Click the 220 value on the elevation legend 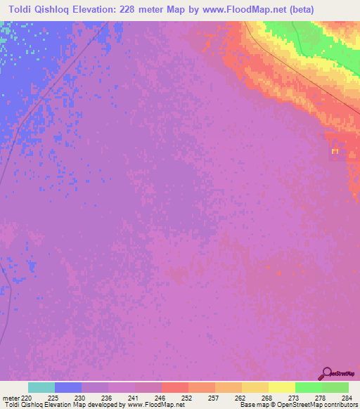tap(27, 397)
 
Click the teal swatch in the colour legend tap(41, 387)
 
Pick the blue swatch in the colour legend tap(68, 387)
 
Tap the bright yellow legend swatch tap(281, 387)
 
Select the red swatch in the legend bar tap(175, 387)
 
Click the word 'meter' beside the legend tap(10, 397)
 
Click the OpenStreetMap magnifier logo tap(326, 373)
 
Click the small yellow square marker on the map tap(335, 151)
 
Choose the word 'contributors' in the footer tap(339, 405)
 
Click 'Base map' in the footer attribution tap(254, 405)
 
